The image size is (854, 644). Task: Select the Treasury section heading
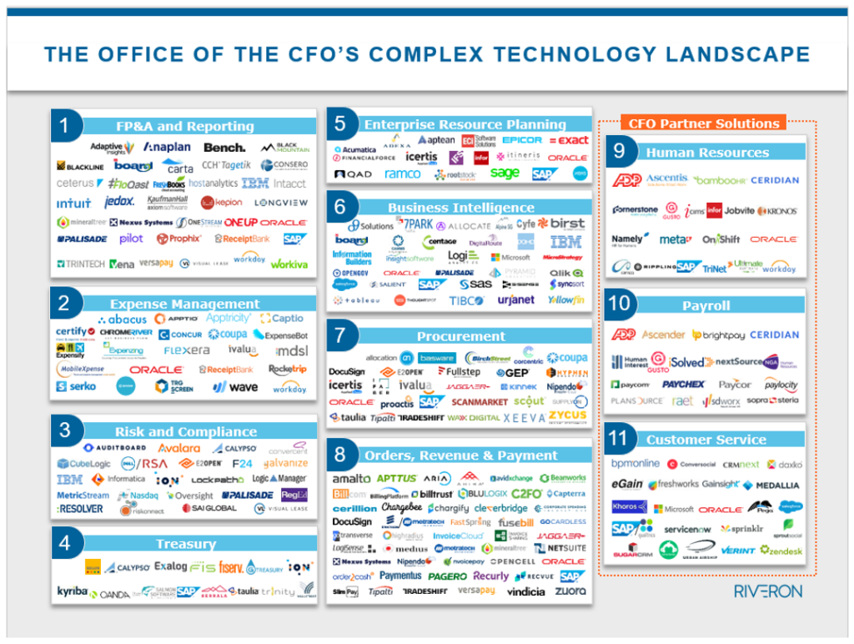point(185,544)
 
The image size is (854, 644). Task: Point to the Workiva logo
point(289,264)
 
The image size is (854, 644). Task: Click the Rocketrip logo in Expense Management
point(288,369)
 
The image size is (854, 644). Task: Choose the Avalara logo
point(179,447)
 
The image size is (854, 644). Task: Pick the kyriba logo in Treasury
point(73,591)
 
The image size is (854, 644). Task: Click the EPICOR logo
point(522,140)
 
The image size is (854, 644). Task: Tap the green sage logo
point(505,174)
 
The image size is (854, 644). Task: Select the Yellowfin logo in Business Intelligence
point(566,300)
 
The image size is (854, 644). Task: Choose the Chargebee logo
point(402,507)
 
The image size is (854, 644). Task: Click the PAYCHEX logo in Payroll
point(683,385)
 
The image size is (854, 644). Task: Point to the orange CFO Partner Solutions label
point(703,123)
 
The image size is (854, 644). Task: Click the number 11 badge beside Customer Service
point(621,439)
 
